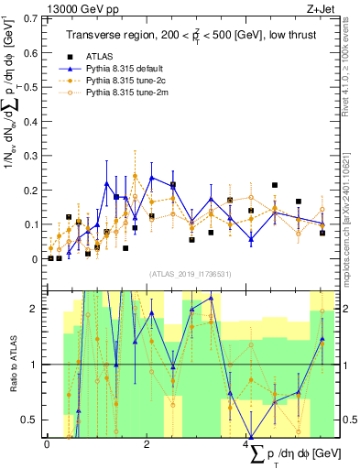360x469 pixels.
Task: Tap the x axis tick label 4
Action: pos(248,444)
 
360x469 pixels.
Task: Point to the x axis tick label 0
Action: pos(47,444)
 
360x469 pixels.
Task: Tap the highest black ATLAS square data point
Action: pos(275,185)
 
